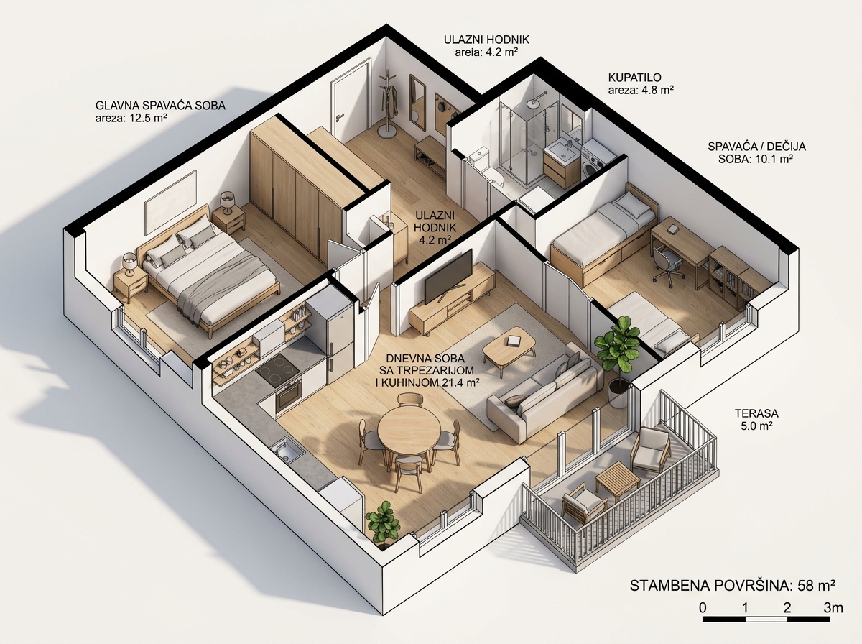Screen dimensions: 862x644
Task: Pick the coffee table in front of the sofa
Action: (509, 348)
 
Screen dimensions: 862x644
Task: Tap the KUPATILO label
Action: (634, 78)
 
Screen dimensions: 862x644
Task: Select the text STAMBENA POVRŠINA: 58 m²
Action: (733, 586)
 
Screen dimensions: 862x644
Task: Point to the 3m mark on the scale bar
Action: (833, 608)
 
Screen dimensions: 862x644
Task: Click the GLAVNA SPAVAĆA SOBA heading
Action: (160, 106)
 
